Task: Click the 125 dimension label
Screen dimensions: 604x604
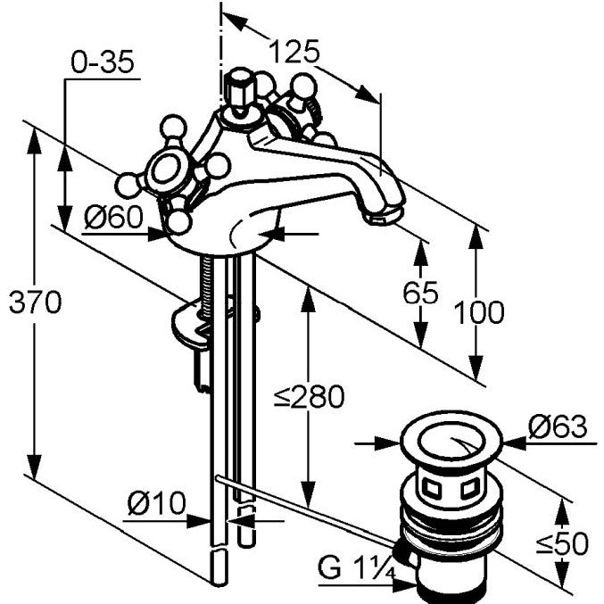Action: point(294,51)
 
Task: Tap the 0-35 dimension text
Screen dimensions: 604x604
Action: point(103,62)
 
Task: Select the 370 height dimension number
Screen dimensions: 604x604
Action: point(35,302)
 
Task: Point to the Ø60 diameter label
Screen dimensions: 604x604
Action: point(113,217)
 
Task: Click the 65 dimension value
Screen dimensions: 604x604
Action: point(420,293)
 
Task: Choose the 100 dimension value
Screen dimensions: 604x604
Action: point(479,312)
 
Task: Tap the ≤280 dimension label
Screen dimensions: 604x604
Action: point(310,397)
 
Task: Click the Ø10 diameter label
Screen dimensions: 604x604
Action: point(157,503)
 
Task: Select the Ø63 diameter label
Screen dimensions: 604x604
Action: point(558,426)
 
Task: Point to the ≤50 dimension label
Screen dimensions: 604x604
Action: point(563,544)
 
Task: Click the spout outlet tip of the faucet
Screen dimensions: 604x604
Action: point(384,217)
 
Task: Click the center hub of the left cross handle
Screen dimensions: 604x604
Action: point(167,170)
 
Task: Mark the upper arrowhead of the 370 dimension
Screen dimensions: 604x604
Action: point(34,141)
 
